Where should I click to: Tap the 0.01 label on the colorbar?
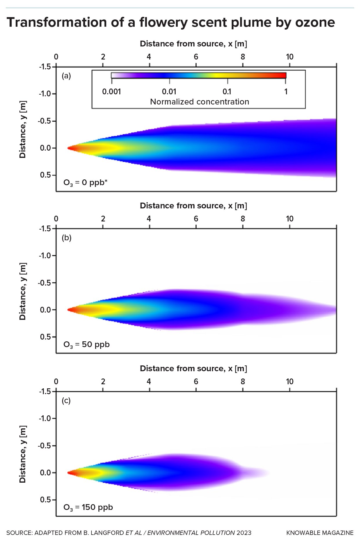pyautogui.click(x=169, y=92)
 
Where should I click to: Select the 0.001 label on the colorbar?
pyautogui.click(x=111, y=92)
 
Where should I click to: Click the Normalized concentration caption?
pyautogui.click(x=199, y=102)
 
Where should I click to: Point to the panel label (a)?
pyautogui.click(x=66, y=76)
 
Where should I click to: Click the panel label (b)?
pyautogui.click(x=66, y=238)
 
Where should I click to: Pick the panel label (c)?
pyautogui.click(x=66, y=401)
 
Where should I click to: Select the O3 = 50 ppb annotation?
pyautogui.click(x=86, y=345)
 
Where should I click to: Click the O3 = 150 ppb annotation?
pyautogui.click(x=88, y=507)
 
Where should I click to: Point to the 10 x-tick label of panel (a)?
pyautogui.click(x=289, y=57)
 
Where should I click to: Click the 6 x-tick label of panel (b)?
pyautogui.click(x=196, y=219)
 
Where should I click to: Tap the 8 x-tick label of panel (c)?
pyautogui.click(x=243, y=382)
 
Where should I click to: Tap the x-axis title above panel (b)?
pyautogui.click(x=193, y=206)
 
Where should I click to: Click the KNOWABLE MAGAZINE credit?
pyautogui.click(x=320, y=533)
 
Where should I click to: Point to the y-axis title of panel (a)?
pyautogui.click(x=23, y=129)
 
